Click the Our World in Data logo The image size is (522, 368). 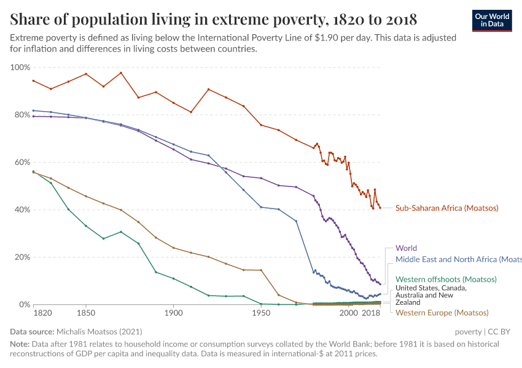point(491,20)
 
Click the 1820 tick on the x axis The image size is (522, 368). point(42,313)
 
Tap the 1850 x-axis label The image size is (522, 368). point(85,313)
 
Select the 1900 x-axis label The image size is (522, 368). point(173,313)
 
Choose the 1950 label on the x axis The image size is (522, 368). point(261,313)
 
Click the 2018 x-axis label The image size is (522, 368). point(370,313)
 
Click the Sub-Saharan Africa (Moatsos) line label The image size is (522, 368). point(446,208)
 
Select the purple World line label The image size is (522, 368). point(406,248)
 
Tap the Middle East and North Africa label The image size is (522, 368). point(458,259)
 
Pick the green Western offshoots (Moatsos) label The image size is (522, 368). point(445,279)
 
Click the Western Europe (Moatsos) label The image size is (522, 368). point(442,313)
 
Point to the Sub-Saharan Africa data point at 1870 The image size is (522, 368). point(121,73)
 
